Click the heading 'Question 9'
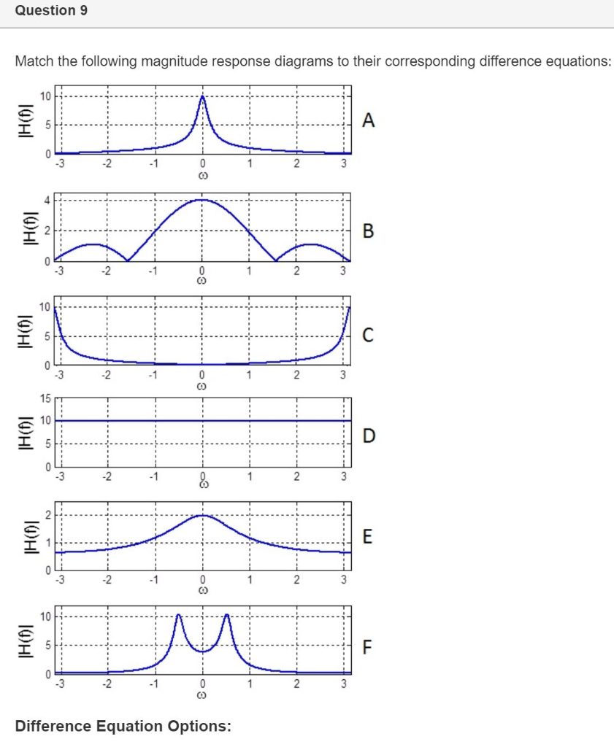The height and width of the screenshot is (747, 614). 45,11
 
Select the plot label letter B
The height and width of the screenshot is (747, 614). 369,231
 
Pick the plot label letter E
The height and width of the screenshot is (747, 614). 368,538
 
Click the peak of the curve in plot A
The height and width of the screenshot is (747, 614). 202,97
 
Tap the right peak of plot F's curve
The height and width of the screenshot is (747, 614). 226,616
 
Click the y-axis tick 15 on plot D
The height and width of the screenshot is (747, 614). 45,399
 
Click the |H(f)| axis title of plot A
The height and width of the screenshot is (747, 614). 24,124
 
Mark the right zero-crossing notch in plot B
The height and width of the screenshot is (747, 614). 277,260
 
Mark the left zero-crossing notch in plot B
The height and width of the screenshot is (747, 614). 128,260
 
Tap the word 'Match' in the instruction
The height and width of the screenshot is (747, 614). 34,61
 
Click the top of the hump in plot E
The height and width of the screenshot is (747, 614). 202,515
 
